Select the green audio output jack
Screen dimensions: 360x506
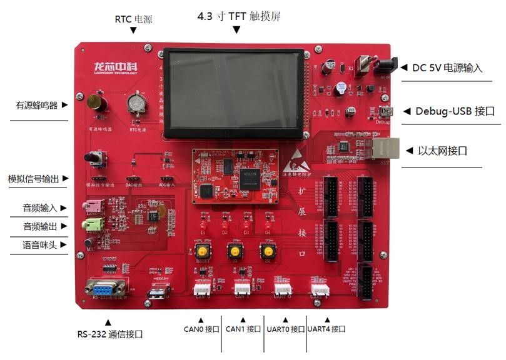(89, 224)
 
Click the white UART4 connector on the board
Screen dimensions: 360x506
(320, 287)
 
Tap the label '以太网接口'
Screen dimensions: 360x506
(443, 151)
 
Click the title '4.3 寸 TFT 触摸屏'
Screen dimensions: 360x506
(239, 17)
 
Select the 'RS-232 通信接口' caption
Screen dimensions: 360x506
(110, 334)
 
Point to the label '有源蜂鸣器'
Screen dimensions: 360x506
(37, 106)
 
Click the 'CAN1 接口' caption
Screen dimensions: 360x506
(243, 329)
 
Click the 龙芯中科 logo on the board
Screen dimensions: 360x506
(115, 67)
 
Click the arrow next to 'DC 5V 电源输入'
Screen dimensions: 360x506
(403, 67)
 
